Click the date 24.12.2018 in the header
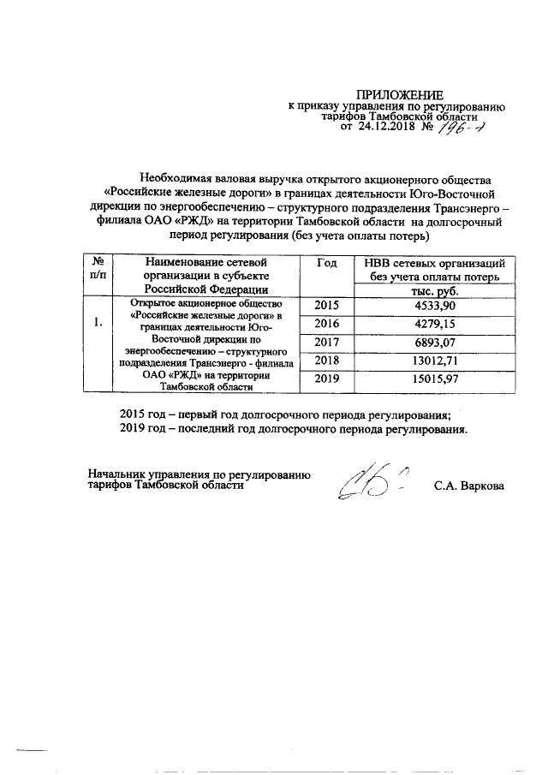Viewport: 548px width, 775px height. (396, 127)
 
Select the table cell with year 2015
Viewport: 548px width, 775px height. (327, 305)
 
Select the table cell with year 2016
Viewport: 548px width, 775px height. (327, 325)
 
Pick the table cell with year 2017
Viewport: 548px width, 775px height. (327, 343)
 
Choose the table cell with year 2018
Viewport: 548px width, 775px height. (327, 361)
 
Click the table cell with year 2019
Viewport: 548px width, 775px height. (327, 379)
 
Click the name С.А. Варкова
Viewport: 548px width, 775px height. (470, 486)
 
